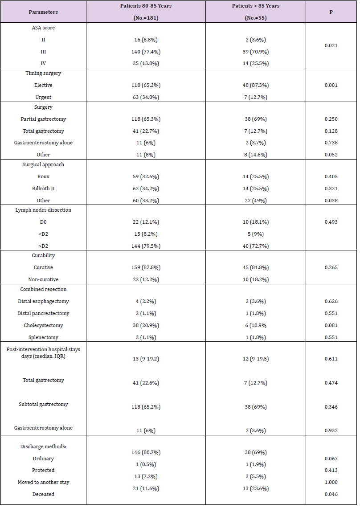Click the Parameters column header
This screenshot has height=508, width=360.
coord(43,12)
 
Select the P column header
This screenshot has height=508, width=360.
coord(331,12)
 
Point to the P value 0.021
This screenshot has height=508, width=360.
coord(331,45)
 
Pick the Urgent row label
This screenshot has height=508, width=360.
coord(43,97)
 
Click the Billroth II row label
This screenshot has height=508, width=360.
coord(43,188)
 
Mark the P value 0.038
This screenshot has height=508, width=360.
coord(331,201)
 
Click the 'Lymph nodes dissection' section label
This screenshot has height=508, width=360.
coord(43,210)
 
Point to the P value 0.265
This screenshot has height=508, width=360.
coord(331,267)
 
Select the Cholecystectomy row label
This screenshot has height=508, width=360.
coord(43,325)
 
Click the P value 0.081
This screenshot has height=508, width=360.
coord(331,325)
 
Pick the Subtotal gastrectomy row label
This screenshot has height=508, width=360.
coord(43,404)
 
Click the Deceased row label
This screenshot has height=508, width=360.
coord(43,494)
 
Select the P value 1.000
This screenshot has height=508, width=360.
coord(331,482)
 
